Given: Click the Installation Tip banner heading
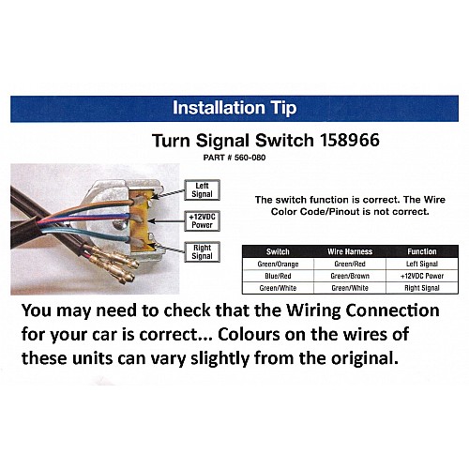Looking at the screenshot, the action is pyautogui.click(x=234, y=108).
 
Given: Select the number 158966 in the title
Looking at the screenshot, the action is pyautogui.click(x=350, y=140).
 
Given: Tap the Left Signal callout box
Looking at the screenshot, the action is pyautogui.click(x=202, y=190).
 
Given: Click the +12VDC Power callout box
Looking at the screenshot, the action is pyautogui.click(x=202, y=221).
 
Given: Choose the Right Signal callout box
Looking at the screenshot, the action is pyautogui.click(x=202, y=252).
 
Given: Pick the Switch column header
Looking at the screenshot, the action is pyautogui.click(x=278, y=251).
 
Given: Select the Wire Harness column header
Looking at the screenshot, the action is pyautogui.click(x=350, y=251).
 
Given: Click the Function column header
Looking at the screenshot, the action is pyautogui.click(x=422, y=251).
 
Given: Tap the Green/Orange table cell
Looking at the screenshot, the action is pyautogui.click(x=278, y=265).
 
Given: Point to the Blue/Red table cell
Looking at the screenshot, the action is pyautogui.click(x=278, y=276).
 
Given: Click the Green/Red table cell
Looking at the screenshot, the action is pyautogui.click(x=350, y=265).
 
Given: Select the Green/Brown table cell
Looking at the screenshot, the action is pyautogui.click(x=350, y=276).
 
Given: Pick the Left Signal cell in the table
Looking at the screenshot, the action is pyautogui.click(x=422, y=265).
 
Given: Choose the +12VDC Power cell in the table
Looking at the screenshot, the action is pyautogui.click(x=422, y=276).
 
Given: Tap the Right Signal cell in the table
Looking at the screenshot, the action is pyautogui.click(x=422, y=288).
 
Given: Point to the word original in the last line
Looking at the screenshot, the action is pyautogui.click(x=365, y=358).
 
